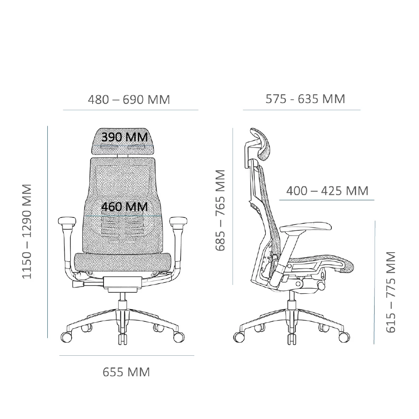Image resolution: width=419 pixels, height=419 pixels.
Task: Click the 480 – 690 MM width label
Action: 129,100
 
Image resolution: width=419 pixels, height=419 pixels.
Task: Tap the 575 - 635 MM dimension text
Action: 305,99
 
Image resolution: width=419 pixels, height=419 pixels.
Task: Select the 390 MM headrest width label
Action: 124,137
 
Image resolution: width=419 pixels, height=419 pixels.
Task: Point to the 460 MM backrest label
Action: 124,207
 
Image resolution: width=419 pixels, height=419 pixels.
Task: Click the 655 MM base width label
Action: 126,372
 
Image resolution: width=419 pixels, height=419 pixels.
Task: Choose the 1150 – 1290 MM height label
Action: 27,231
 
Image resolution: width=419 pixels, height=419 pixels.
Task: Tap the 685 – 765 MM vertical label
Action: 220,210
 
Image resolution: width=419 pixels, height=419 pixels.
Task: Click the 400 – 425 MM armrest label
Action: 327,191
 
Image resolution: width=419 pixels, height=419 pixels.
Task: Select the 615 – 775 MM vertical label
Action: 391,292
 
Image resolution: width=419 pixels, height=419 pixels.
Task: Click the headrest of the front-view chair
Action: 123,141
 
